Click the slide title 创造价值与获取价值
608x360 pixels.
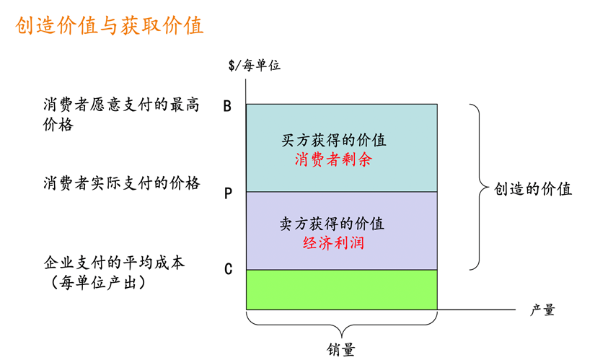tap(110, 26)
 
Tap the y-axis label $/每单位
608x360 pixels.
tap(254, 66)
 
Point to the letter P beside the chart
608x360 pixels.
tap(228, 194)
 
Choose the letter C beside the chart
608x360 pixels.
tap(228, 270)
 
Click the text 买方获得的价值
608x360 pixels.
tap(333, 140)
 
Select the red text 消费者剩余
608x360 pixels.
tap(333, 159)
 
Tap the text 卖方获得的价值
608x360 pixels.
tap(332, 224)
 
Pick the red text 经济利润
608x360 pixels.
tap(333, 242)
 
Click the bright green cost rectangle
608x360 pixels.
tap(341, 289)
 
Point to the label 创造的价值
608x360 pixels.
tap(533, 189)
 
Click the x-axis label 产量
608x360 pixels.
tap(542, 310)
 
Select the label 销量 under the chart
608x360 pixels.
tap(341, 349)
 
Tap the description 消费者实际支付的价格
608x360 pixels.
tap(121, 183)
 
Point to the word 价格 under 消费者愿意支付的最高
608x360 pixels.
tap(58, 124)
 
